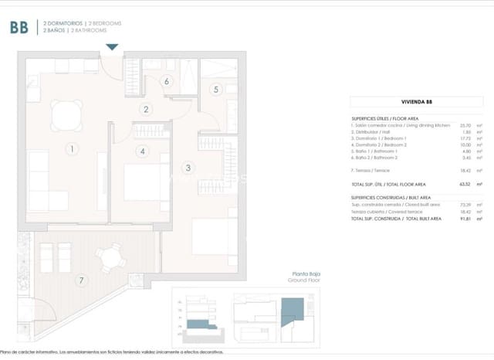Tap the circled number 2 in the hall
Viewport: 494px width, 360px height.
(x=144, y=110)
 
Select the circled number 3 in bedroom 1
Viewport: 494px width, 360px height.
(x=188, y=167)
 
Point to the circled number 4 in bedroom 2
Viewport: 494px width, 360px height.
(x=142, y=151)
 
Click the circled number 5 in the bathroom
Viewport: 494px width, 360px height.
(x=216, y=89)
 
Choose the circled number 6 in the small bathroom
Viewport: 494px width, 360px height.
(x=166, y=81)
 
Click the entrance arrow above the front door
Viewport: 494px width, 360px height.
(x=113, y=48)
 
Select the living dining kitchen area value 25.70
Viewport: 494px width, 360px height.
(x=465, y=124)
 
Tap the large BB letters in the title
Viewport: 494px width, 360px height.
(x=20, y=28)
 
